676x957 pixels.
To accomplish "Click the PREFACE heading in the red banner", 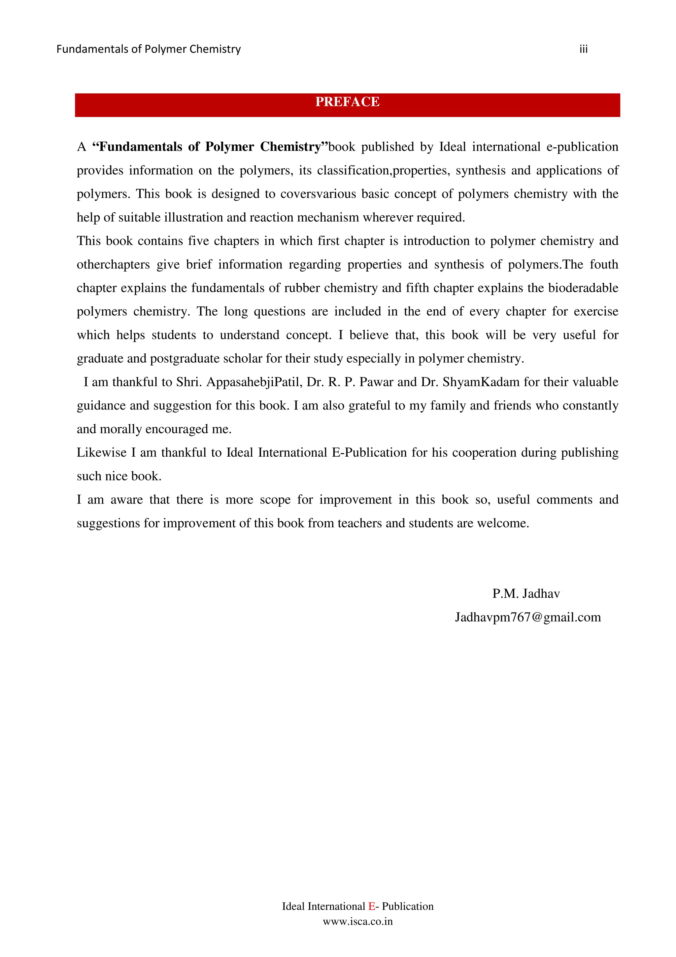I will click(347, 102).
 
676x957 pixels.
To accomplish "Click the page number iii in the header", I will click(583, 49).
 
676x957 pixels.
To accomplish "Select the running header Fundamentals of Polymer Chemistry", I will click(148, 49).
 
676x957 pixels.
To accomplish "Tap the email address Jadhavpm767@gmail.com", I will click(527, 617).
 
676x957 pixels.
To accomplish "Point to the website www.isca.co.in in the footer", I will click(357, 921).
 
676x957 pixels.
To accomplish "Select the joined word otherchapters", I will click(113, 264).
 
